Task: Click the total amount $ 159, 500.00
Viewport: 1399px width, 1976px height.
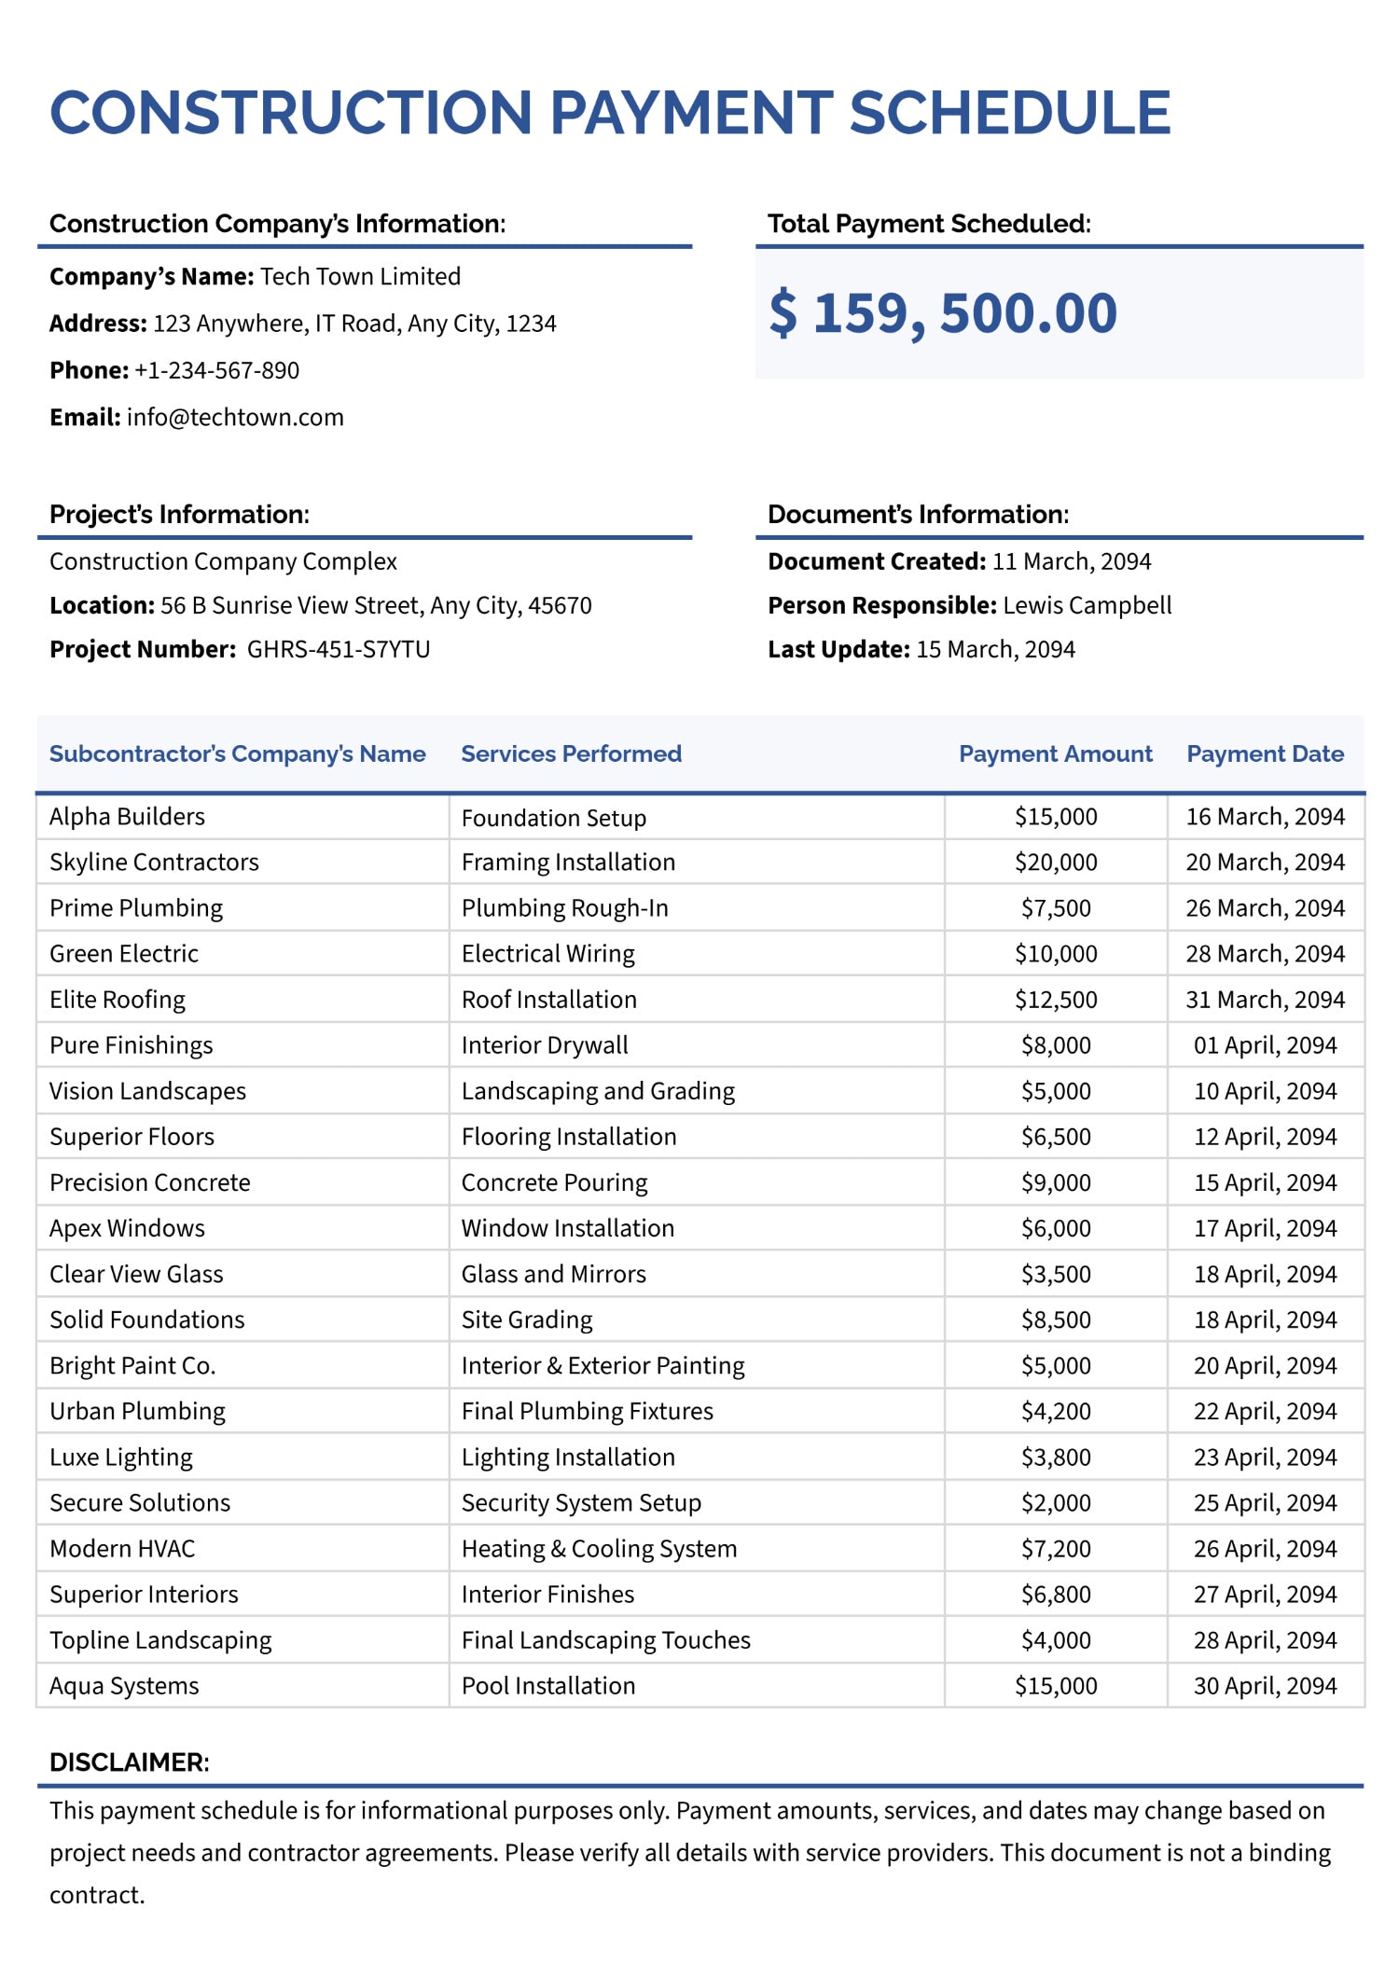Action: (942, 313)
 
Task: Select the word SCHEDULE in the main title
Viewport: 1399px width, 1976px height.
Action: (1009, 114)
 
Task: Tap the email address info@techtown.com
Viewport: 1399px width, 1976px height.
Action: (235, 417)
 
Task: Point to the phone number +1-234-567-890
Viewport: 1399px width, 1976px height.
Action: (216, 370)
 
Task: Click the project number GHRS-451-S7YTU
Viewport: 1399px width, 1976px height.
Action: (339, 649)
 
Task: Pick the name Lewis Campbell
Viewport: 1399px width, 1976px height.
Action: (1087, 605)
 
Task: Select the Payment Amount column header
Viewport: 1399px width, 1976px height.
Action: (1055, 753)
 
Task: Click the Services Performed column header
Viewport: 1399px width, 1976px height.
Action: (571, 753)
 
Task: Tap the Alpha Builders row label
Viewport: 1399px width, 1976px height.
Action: (127, 817)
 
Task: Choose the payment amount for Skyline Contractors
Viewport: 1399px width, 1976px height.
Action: (1056, 863)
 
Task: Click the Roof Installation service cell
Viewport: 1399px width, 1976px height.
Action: (548, 1000)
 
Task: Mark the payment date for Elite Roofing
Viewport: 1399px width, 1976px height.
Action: (1265, 1000)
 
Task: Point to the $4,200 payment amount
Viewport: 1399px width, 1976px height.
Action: (1056, 1412)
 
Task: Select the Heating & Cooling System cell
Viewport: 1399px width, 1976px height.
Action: (599, 1549)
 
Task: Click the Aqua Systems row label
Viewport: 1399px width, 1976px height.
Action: (124, 1686)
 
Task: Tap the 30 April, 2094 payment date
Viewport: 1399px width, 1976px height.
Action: (1265, 1686)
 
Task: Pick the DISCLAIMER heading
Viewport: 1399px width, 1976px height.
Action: (129, 1762)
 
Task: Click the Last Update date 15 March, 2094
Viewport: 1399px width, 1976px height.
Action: (995, 649)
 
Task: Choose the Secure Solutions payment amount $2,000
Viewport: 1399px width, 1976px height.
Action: (1056, 1503)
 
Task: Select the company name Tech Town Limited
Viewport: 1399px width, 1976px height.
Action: (360, 277)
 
